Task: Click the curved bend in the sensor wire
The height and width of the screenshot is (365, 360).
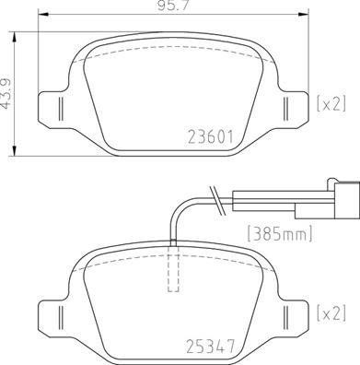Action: [x=180, y=202]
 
